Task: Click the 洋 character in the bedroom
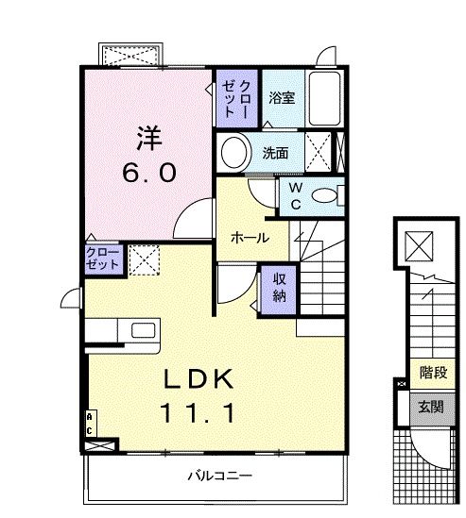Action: pyautogui.click(x=146, y=138)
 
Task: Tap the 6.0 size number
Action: pyautogui.click(x=147, y=175)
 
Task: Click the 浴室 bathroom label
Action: pyautogui.click(x=281, y=97)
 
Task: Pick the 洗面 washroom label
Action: pyautogui.click(x=276, y=152)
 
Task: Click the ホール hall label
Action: pyautogui.click(x=250, y=238)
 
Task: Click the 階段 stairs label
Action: pyautogui.click(x=433, y=374)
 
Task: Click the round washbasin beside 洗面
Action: pyautogui.click(x=233, y=151)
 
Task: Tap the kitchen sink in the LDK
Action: pyautogui.click(x=143, y=330)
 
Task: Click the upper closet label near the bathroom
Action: pyautogui.click(x=235, y=97)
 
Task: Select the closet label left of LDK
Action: pyautogui.click(x=102, y=259)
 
